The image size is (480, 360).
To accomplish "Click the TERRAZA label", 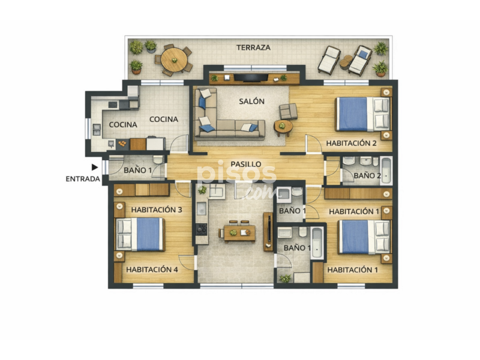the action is point(253,47).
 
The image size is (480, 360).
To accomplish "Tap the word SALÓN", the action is point(251,101).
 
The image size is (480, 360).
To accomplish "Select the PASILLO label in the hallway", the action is point(246,164).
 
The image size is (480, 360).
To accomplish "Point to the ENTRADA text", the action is point(83,179).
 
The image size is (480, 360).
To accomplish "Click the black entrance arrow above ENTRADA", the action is point(95,167).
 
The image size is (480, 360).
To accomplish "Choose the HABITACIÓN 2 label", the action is point(351,143).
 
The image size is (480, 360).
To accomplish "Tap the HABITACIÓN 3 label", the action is point(157,209).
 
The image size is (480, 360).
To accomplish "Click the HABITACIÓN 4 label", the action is point(152,269).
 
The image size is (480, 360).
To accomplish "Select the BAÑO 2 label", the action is point(367,176).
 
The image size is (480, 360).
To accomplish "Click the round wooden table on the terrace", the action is point(174,60).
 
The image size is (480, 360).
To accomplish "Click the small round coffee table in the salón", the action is point(283,127).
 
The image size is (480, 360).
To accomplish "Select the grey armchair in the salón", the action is point(288,111).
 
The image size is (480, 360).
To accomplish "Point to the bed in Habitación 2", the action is point(364,114).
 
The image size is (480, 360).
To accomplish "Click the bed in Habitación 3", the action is point(140,234).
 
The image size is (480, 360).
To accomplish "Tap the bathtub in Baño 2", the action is point(386,171).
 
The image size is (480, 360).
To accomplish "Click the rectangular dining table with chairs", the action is point(238,233).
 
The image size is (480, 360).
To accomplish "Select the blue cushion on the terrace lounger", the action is point(364,55).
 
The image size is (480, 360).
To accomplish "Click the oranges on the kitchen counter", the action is point(122,143).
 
